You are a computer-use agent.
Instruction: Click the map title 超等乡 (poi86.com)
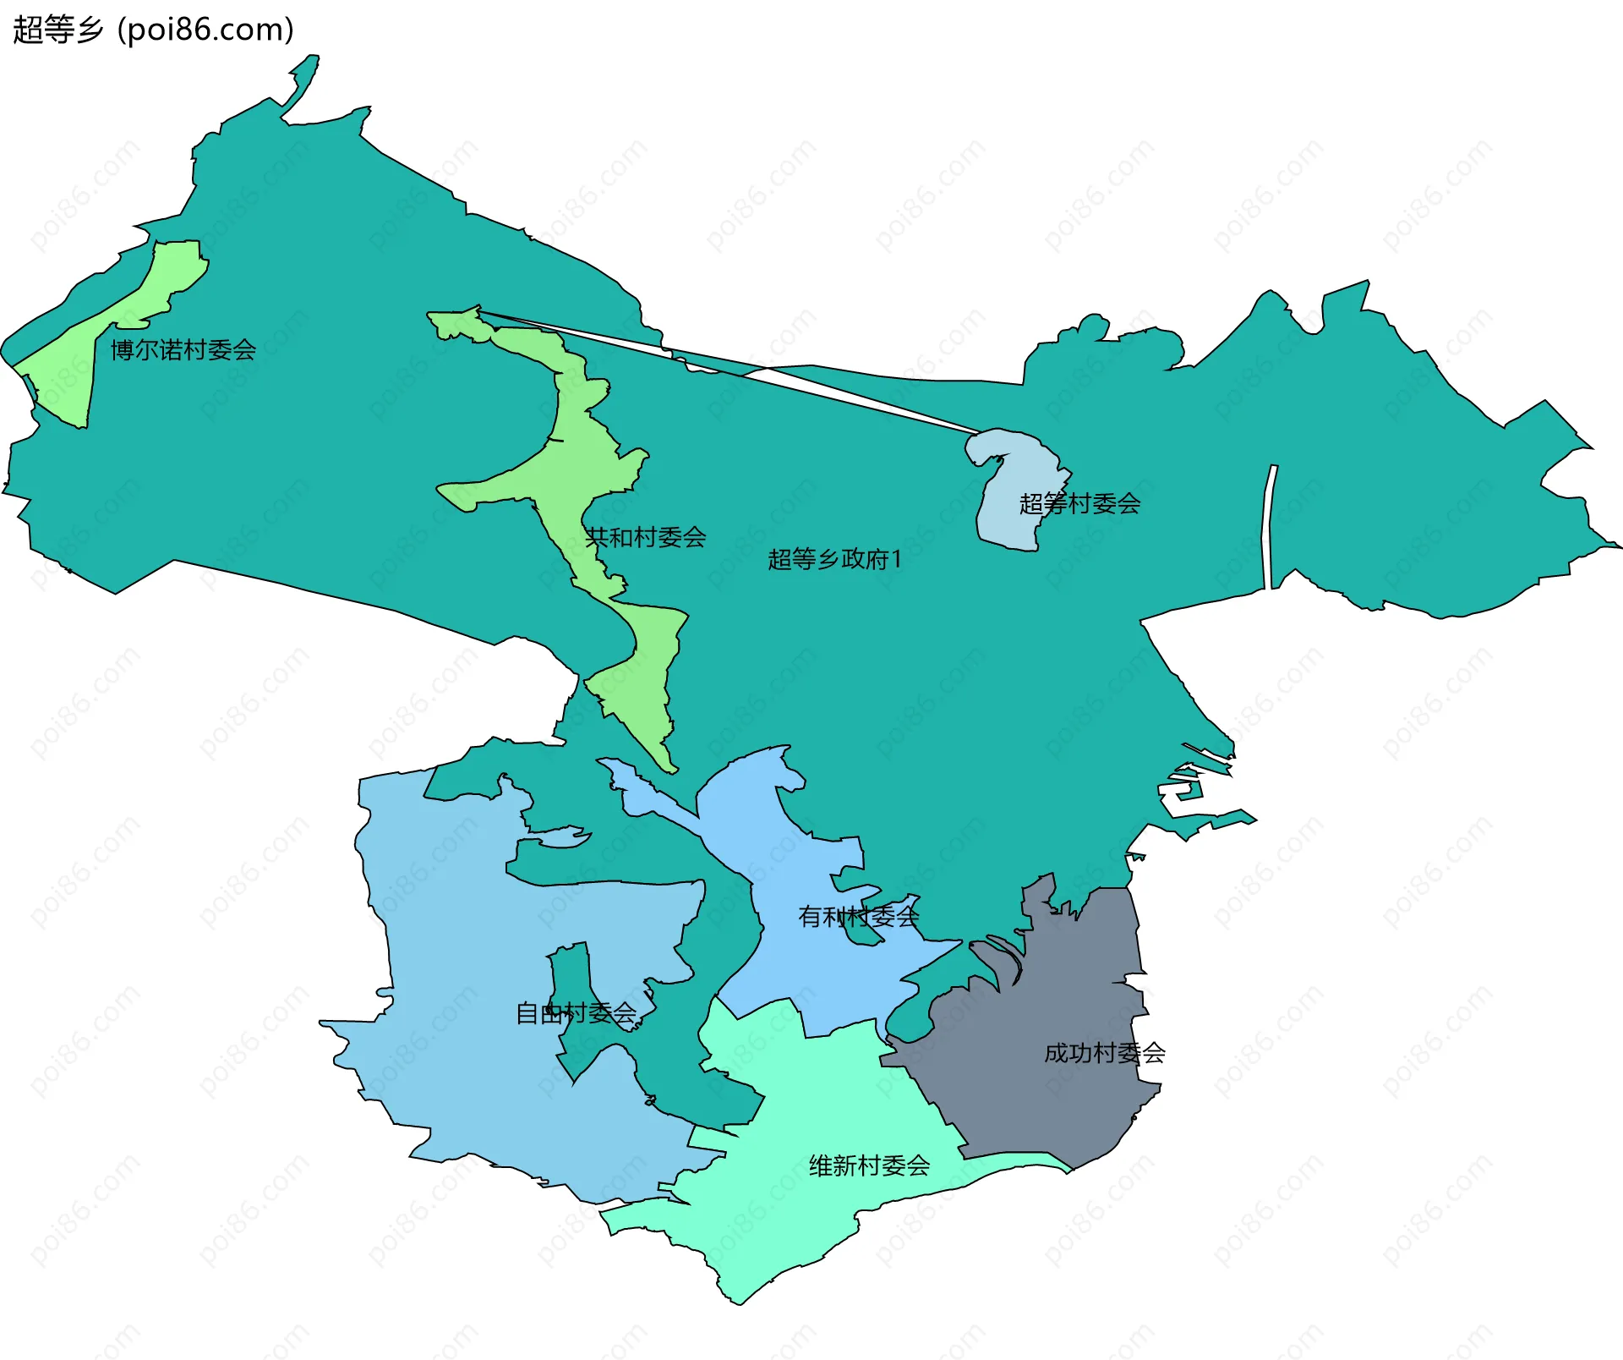[153, 30]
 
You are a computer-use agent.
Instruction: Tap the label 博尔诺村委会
[183, 349]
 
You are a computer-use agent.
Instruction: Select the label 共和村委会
[646, 537]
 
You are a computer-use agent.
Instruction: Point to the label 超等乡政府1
[834, 559]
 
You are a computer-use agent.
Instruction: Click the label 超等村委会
[1079, 504]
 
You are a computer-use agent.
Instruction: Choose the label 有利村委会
[858, 916]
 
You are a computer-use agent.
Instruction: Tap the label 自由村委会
[576, 1013]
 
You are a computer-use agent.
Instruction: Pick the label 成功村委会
[1105, 1053]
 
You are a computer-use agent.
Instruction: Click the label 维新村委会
[869, 1166]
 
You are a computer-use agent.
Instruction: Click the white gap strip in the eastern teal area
[1268, 524]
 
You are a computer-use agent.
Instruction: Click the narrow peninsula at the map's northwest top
[303, 80]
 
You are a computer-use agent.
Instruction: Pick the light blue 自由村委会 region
[465, 1015]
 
